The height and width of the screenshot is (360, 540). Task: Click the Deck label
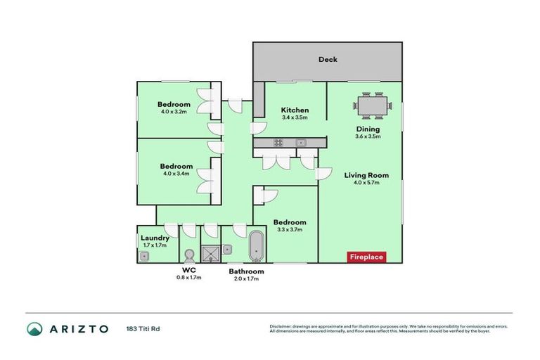click(328, 60)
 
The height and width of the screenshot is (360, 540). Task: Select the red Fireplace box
click(366, 257)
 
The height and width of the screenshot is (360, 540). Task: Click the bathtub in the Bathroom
click(256, 246)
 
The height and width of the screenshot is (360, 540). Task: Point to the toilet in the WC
click(188, 254)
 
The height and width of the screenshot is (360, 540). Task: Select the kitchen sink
click(300, 143)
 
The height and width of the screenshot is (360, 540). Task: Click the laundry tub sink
click(143, 256)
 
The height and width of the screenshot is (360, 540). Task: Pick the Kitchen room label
click(295, 110)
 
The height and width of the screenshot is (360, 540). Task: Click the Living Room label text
click(366, 175)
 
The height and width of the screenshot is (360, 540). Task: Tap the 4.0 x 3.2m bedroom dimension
click(174, 112)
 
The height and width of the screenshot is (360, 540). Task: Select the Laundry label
click(155, 238)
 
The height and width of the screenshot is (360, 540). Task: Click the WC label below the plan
click(188, 269)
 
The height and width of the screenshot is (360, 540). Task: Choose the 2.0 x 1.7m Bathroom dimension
click(246, 278)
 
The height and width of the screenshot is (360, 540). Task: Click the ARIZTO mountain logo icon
click(36, 328)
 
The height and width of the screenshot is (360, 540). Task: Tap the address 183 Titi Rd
click(144, 329)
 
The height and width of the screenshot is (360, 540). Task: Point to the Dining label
click(368, 129)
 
